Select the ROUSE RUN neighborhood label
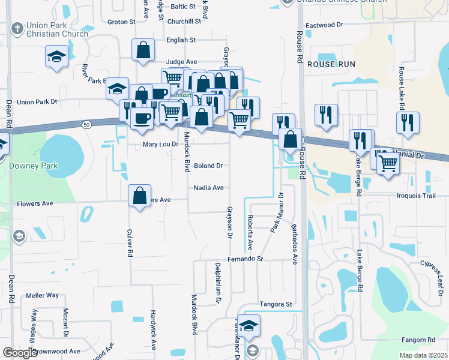tap(331, 64)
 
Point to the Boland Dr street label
tap(208, 166)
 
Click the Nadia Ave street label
tap(208, 188)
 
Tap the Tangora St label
tap(275, 305)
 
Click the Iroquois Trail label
tap(423, 196)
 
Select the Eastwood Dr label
tap(324, 26)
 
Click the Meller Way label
tap(42, 295)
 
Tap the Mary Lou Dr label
tap(160, 145)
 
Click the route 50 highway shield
tap(86, 124)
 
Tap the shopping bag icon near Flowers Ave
tap(139, 195)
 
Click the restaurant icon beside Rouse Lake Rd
tap(408, 122)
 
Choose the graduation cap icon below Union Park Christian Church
tap(57, 57)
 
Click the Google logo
tap(20, 353)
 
